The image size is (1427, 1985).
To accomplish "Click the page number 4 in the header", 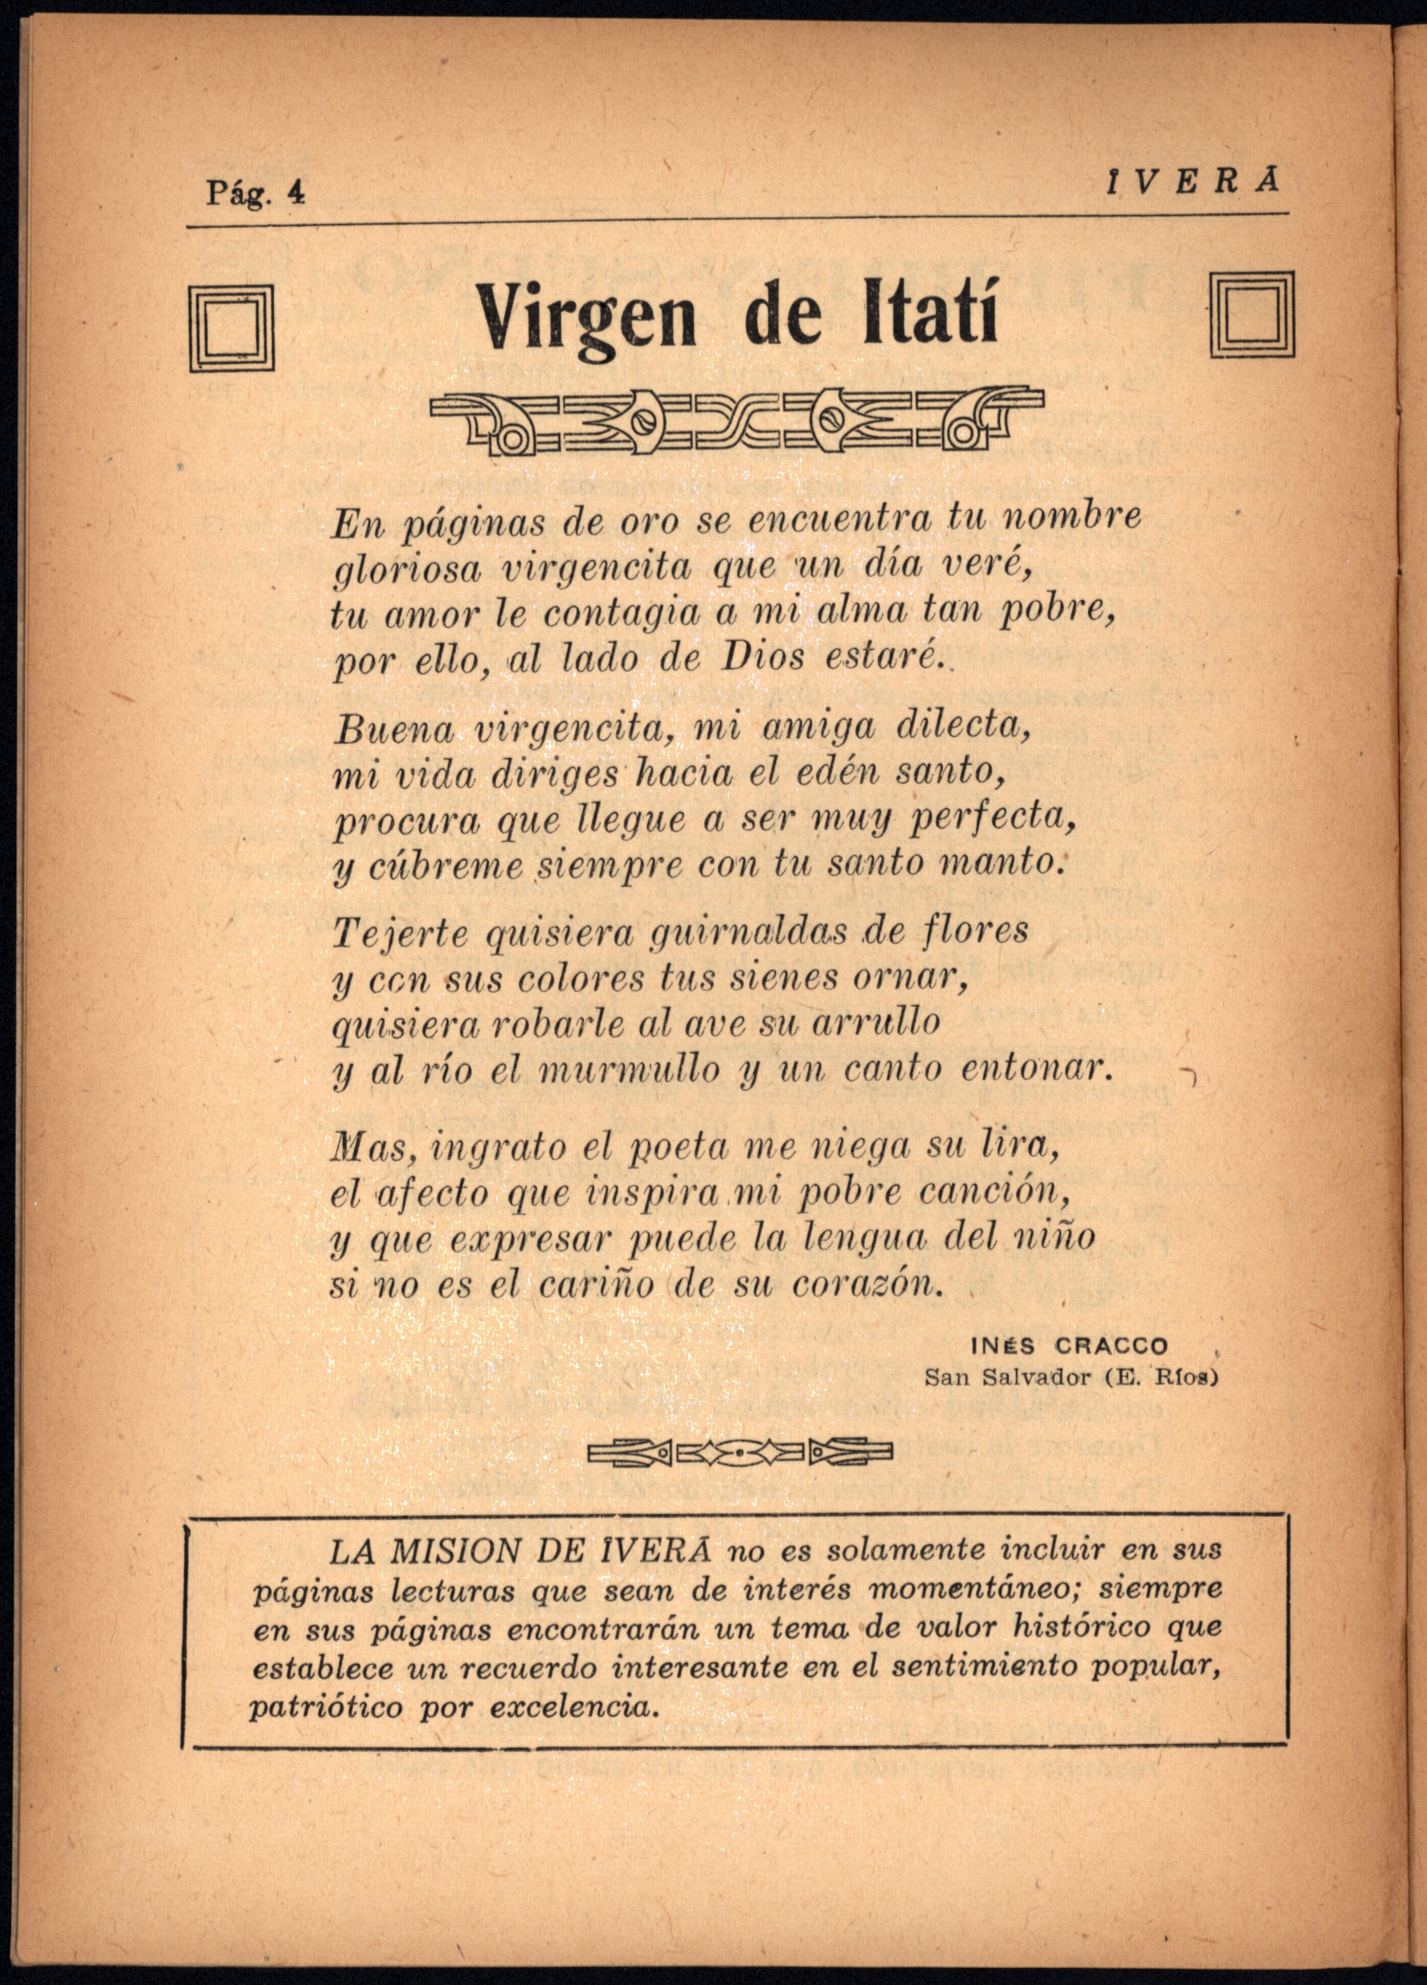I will (x=298, y=192).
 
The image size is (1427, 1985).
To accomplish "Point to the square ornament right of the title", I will (x=1251, y=313).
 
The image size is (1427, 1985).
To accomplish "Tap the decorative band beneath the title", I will (x=737, y=422).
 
